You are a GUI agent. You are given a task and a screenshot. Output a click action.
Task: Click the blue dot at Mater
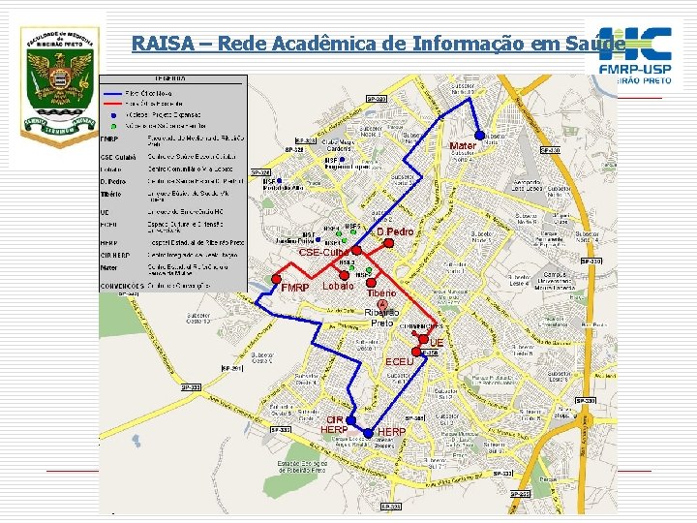click(479, 135)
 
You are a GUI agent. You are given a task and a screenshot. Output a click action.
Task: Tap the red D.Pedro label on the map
click(395, 232)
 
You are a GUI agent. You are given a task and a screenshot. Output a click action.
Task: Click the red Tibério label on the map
click(380, 292)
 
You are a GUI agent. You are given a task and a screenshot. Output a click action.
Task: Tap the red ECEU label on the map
click(399, 361)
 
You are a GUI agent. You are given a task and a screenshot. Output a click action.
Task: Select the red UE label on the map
click(437, 344)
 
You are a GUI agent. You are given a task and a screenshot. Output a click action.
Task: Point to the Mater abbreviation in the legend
click(109, 269)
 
